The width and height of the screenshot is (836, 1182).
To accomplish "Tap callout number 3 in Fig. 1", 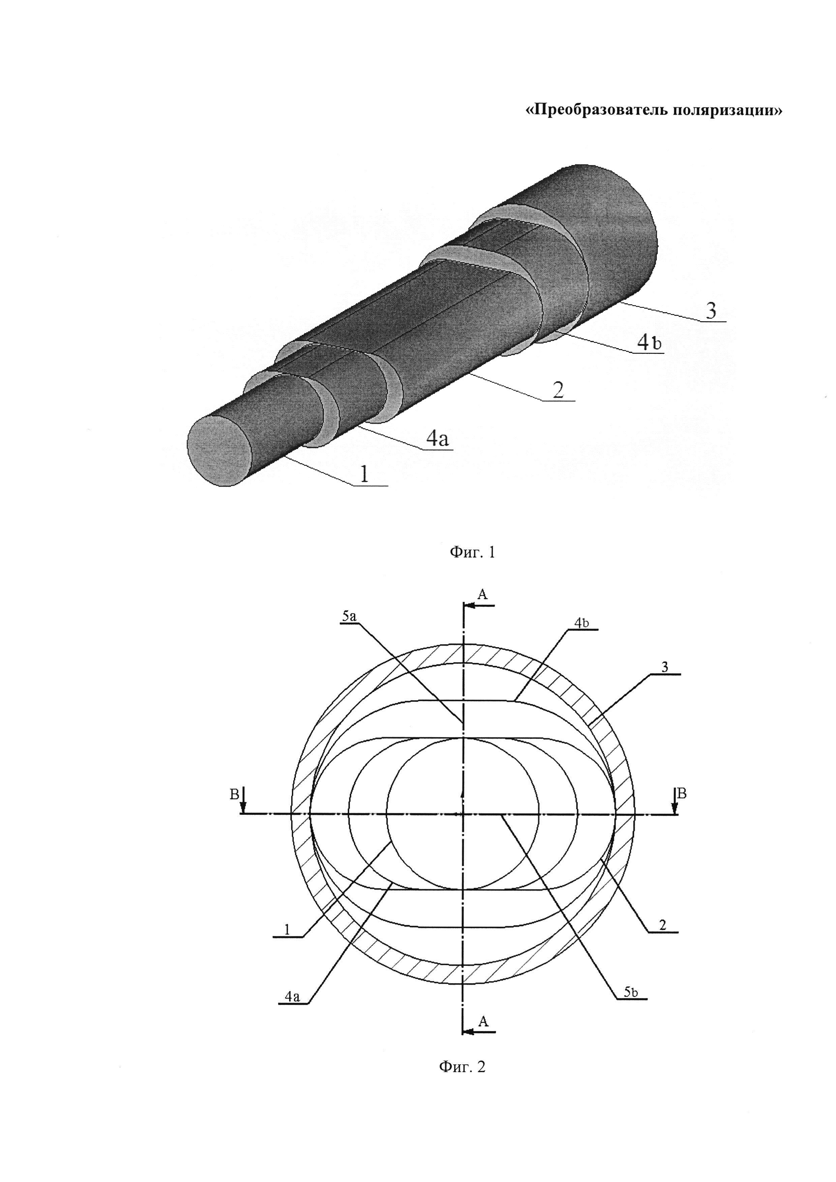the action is point(711,311).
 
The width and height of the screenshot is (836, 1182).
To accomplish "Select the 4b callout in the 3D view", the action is point(650,343).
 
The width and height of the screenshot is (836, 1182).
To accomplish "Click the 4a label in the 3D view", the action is point(438,438).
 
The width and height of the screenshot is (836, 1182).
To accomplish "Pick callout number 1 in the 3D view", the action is point(364,474).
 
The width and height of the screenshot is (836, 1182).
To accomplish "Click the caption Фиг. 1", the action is point(472,553).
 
